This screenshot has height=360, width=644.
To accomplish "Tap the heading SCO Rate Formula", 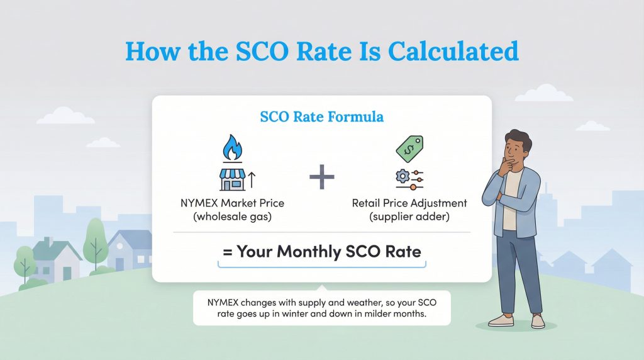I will click(x=321, y=117).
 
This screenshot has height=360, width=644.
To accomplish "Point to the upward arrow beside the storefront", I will click(x=252, y=181).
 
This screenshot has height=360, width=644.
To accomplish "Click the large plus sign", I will click(x=321, y=176).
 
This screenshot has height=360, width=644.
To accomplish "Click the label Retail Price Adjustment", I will click(x=409, y=203).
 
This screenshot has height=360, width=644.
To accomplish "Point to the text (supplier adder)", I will click(x=409, y=218).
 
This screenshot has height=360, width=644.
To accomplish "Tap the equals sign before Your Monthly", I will click(x=228, y=252).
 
